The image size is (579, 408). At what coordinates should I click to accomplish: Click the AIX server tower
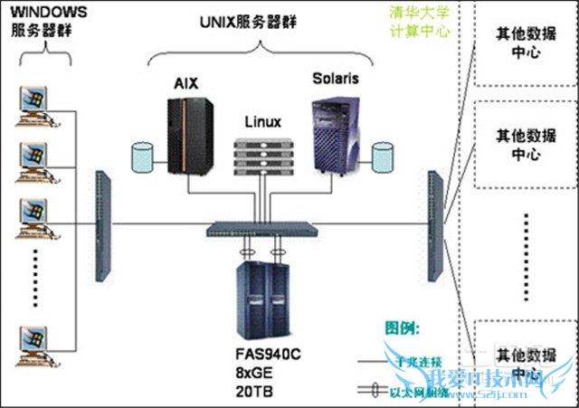click(x=187, y=134)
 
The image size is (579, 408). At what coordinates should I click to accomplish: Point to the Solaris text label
click(x=336, y=79)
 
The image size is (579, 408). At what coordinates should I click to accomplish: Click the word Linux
click(x=263, y=121)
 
